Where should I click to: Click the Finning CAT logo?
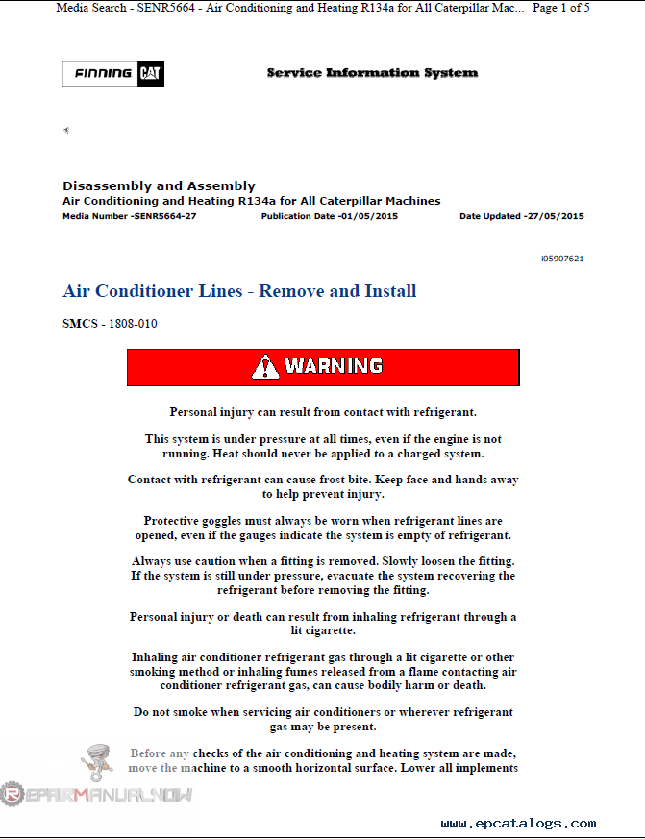113,74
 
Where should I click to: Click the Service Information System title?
372,73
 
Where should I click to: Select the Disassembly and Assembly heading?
159,185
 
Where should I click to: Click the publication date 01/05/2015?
329,216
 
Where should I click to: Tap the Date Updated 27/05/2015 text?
521,216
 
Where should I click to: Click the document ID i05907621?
562,259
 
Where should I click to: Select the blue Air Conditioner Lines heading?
239,291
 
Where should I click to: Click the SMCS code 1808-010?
110,324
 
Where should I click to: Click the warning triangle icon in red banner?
265,366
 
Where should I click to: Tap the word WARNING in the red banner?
334,366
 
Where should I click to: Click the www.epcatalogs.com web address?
518,824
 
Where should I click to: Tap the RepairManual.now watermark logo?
96,795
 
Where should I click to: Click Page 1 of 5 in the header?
560,8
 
